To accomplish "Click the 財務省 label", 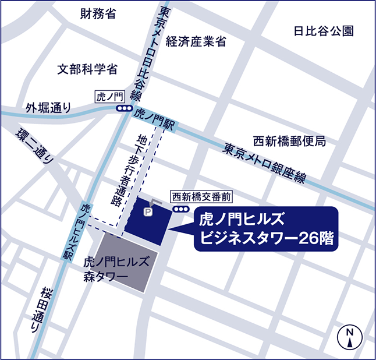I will (x=98, y=15).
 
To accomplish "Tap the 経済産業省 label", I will (x=196, y=41).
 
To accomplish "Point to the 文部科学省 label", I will (x=87, y=69).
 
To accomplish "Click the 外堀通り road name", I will (x=50, y=108).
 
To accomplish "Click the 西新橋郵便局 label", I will (x=289, y=141).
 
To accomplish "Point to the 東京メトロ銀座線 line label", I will (x=265, y=163).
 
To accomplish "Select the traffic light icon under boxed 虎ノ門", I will (x=123, y=109).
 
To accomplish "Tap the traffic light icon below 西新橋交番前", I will (x=181, y=209).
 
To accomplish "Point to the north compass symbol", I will (x=350, y=336).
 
